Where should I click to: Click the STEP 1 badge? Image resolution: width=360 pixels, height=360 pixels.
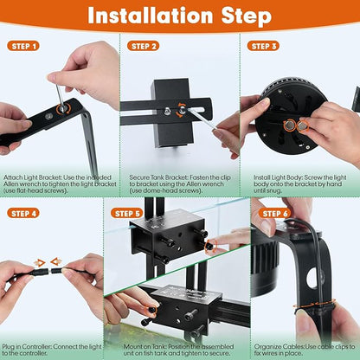point(23,46)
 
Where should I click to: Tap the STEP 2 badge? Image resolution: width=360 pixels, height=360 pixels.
point(144,46)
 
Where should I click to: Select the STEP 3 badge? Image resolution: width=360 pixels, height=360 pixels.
point(263,46)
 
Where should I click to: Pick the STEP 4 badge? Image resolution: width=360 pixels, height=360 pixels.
point(23,213)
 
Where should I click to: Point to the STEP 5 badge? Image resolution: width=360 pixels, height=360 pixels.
point(127,213)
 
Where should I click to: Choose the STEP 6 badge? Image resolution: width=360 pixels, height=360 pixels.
point(274,213)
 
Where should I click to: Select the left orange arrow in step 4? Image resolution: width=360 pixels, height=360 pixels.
point(39,261)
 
